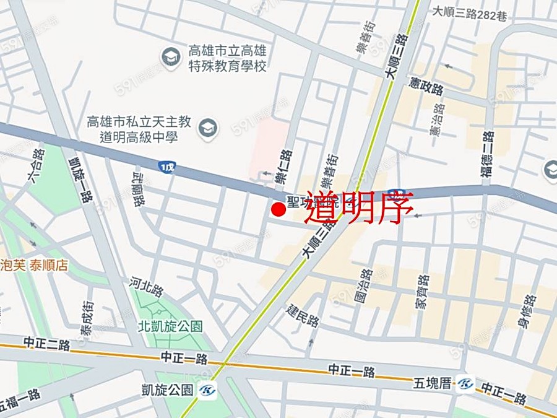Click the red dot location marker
coord(278,210)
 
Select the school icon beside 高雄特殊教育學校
coord(170,57)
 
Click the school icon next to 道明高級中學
coord(207,128)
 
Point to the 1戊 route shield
coord(166,167)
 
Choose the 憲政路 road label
coord(426,86)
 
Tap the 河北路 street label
coord(146,289)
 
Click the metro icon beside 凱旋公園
coord(208,391)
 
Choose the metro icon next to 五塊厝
coord(466,384)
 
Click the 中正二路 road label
coord(46,342)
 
